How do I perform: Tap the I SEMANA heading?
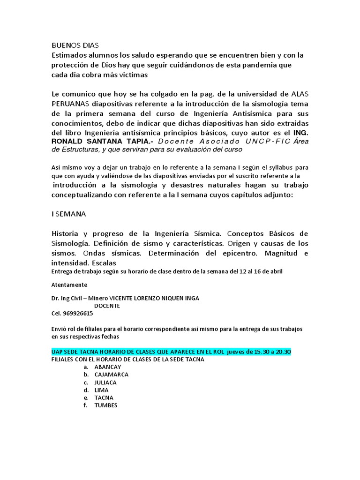69,214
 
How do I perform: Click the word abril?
275,271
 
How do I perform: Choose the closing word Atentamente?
69,285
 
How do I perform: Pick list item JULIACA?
105,382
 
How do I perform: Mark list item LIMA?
101,390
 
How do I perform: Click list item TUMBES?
106,405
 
